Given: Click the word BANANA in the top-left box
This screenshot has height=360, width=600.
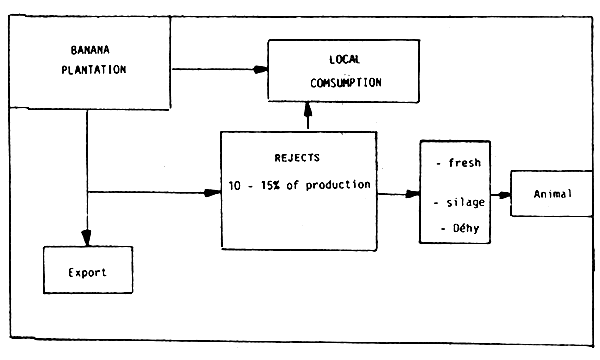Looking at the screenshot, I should pos(89,50).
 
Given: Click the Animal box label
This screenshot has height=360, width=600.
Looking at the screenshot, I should pos(552,193).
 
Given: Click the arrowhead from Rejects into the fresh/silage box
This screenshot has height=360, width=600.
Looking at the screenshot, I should pos(412,193).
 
